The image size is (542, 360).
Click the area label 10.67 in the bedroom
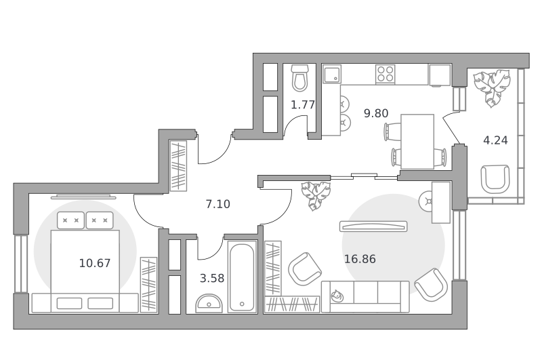point(95,263)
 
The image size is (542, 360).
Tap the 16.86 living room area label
point(360,259)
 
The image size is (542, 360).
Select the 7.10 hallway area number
point(217,204)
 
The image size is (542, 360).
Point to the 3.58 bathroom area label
point(212,278)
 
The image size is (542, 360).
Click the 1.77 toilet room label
point(303,104)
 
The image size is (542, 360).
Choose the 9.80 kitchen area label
point(376,113)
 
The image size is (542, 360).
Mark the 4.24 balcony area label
point(495,140)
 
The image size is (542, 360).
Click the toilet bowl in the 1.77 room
point(299,78)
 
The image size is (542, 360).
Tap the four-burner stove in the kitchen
point(385,74)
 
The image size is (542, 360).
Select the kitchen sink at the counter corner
point(332,74)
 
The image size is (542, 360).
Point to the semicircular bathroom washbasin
point(209,304)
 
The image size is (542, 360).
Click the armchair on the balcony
point(495,179)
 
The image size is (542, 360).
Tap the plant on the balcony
point(492,87)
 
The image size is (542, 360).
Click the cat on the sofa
point(337,296)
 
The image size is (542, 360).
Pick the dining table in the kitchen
point(417,142)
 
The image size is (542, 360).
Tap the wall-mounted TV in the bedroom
point(83,197)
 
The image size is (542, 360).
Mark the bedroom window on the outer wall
point(21,264)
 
